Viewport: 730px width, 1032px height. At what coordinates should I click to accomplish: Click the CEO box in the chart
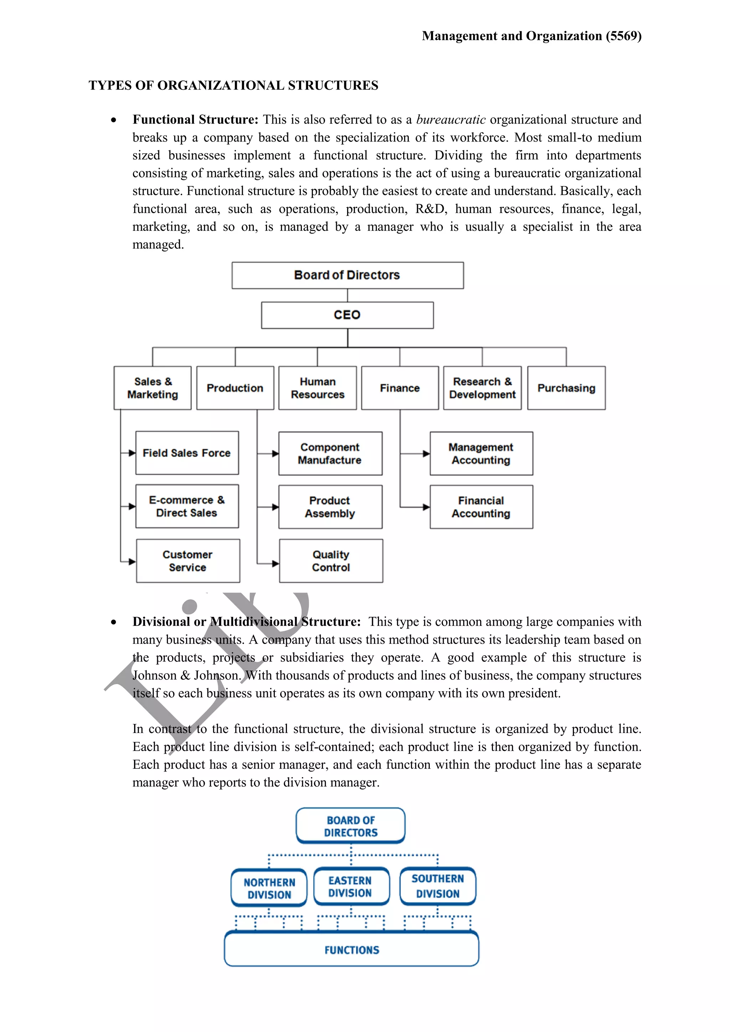(347, 315)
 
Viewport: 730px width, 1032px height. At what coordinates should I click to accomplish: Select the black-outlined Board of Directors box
(348, 275)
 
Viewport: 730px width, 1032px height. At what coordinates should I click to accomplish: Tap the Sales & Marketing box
(153, 388)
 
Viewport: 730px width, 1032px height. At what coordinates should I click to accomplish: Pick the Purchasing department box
(566, 388)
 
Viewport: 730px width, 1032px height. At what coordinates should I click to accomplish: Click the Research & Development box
(482, 388)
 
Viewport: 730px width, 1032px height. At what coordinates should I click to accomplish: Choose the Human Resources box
(317, 388)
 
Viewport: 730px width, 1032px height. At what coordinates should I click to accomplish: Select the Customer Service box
(188, 561)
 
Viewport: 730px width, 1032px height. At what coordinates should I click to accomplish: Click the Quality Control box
(331, 561)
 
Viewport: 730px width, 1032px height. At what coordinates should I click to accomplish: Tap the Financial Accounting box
(481, 507)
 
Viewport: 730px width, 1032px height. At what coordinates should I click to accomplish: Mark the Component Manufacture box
(330, 454)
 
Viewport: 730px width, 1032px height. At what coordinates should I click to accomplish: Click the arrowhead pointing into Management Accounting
(426, 454)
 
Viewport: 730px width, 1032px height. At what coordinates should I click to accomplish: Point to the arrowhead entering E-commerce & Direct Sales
(132, 507)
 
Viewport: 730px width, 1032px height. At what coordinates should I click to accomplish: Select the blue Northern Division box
(269, 888)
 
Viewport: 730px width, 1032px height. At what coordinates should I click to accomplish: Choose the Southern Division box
(438, 886)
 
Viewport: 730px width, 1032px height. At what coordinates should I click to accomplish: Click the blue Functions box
(351, 950)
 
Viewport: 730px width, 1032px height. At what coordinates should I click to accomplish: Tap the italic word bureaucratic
(451, 120)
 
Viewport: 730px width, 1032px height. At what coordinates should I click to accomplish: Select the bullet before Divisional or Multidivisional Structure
(114, 622)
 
